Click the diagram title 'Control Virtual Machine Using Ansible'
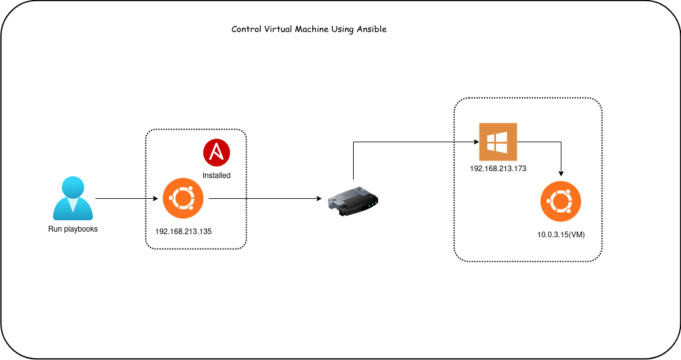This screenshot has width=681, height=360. point(308,30)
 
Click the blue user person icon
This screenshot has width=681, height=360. point(73,197)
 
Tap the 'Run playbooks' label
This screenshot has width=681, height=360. point(73,229)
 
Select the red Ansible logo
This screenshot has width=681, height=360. point(217,153)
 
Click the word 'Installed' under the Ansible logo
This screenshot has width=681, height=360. point(217,176)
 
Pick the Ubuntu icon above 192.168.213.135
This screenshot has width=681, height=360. point(183,199)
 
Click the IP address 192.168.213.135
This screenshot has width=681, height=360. point(183,232)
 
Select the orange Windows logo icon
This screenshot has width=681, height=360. point(498,142)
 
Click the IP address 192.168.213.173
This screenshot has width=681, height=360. point(498,169)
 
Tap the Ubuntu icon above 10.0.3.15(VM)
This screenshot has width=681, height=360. point(560,203)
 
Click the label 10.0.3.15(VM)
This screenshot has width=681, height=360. point(561,234)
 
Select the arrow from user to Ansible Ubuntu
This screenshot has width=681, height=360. point(126,199)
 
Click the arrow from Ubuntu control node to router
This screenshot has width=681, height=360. point(264,199)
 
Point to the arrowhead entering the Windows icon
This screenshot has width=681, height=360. point(475,142)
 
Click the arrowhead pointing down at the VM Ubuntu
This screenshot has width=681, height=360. point(560,174)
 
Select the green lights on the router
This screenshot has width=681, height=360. point(373,202)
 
